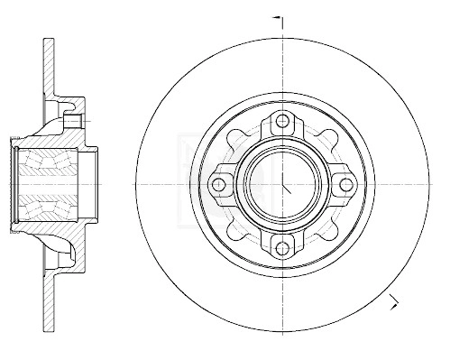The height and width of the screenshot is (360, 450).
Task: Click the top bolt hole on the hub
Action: coord(283,121)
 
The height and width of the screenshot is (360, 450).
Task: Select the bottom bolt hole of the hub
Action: coord(283,247)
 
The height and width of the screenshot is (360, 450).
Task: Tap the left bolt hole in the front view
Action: coord(219,184)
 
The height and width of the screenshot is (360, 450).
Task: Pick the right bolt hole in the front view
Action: coord(346,184)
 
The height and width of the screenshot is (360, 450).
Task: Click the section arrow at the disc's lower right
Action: coord(393,301)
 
